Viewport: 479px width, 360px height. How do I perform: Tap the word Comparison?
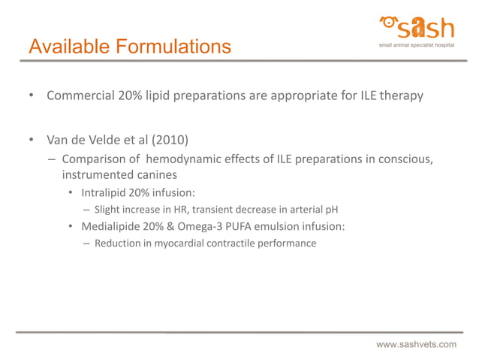95,159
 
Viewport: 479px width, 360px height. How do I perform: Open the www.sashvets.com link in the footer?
416,344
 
